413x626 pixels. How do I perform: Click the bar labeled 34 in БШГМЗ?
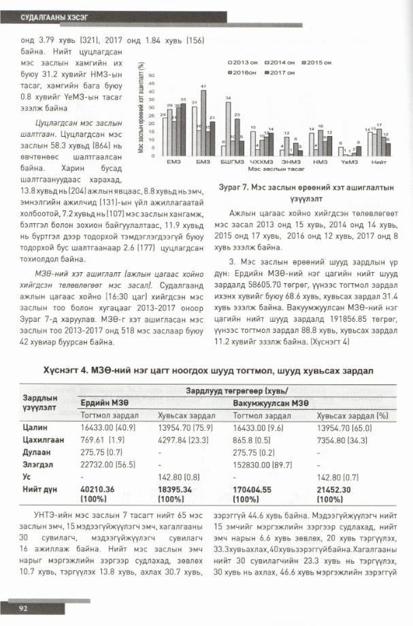[x=229, y=129]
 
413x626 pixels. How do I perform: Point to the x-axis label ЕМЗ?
[x=173, y=161]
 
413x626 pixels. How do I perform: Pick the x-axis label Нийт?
[x=379, y=161]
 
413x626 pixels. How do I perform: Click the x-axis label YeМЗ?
[x=349, y=161]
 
